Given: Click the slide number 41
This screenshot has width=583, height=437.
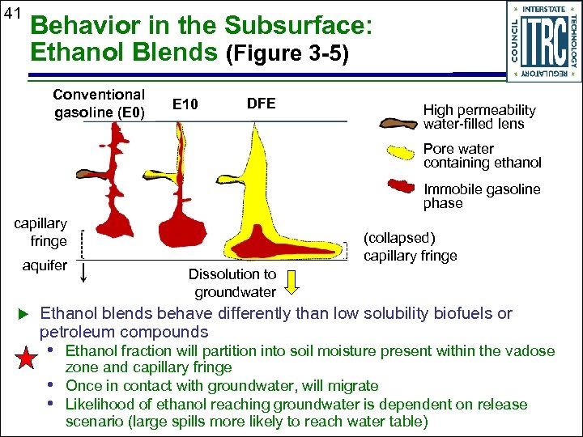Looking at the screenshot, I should tap(12, 13).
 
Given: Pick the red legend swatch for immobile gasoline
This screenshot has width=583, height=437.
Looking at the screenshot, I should tap(398, 187).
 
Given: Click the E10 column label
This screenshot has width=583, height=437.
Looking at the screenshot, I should tap(186, 104).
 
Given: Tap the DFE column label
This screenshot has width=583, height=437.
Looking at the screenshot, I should tap(261, 104).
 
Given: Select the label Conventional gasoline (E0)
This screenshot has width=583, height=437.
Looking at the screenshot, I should tap(100, 104).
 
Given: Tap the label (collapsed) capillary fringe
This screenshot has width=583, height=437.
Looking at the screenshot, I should tap(411, 248).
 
